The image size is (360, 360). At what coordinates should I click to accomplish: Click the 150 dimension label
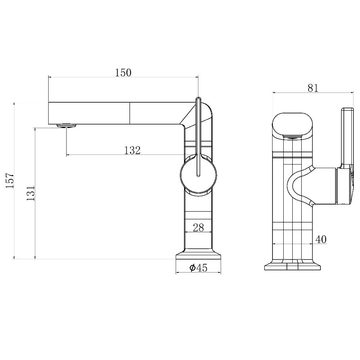pyautogui.click(x=123, y=73)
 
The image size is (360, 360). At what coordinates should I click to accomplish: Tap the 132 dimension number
pyautogui.click(x=132, y=150)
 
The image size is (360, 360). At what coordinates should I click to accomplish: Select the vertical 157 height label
pyautogui.click(x=10, y=181)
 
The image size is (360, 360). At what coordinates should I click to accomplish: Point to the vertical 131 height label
pyautogui.click(x=31, y=193)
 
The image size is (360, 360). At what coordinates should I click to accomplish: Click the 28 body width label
pyautogui.click(x=198, y=228)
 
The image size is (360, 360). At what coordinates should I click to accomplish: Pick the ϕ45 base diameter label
pyautogui.click(x=198, y=267)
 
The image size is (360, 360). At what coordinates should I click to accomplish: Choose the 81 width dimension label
pyautogui.click(x=313, y=88)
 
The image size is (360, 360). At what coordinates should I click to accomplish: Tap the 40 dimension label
pyautogui.click(x=321, y=239)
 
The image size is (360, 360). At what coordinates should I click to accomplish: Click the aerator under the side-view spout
pyautogui.click(x=66, y=126)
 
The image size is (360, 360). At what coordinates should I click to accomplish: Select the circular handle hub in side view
pyautogui.click(x=198, y=175)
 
